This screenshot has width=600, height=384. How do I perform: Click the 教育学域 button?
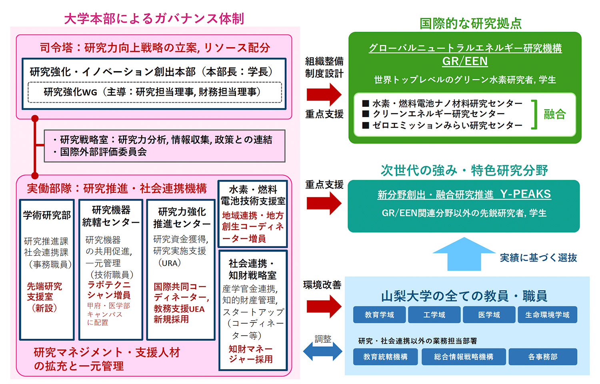pos(379,315)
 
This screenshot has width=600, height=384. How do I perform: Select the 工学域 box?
pos(434,315)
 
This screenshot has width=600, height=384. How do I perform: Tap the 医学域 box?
pos(489,315)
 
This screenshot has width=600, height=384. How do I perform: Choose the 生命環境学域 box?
pos(547,315)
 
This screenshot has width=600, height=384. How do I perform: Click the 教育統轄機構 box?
pos(385,356)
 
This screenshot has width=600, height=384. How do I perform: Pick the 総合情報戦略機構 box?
pos(464,356)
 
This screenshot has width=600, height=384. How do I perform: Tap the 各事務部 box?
pos(542,356)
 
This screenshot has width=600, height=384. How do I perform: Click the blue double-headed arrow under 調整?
pos(322,352)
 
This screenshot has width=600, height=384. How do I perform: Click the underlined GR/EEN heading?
pos(465,61)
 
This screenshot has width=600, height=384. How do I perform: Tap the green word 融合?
pos(554,114)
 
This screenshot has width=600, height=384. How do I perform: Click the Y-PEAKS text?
pos(525,194)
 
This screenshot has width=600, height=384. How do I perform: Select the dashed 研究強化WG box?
pos(155,92)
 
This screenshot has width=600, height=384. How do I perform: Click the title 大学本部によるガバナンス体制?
pos(154,18)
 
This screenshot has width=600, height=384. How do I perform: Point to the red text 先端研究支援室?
pos(44,292)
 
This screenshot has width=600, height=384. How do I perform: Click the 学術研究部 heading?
pos(47,215)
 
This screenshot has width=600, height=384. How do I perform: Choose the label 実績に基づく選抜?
pos(538,258)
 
